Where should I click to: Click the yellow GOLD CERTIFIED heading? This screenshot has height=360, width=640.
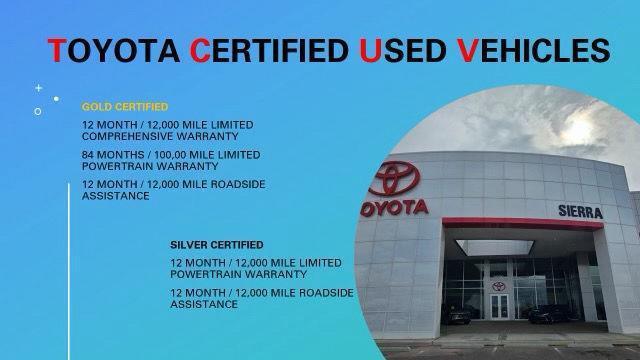click(x=125, y=106)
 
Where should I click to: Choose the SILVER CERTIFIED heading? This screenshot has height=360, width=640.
click(x=217, y=244)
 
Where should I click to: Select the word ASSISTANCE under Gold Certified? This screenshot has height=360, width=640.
click(x=116, y=196)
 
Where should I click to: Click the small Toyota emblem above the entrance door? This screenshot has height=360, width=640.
click(x=496, y=285)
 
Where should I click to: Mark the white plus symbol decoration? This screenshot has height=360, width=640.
click(x=39, y=88)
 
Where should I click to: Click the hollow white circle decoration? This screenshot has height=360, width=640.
click(x=39, y=111)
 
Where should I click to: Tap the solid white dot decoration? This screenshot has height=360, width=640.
click(x=56, y=99)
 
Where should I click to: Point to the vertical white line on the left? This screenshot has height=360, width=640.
click(x=68, y=270)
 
